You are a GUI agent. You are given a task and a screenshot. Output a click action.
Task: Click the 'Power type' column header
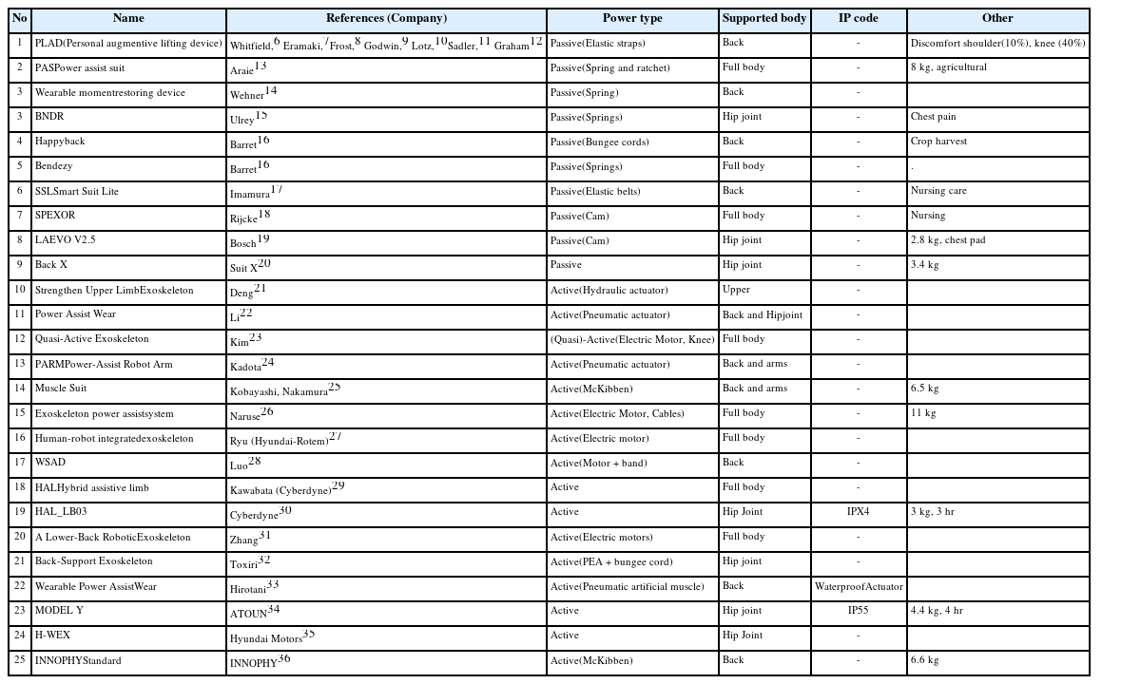(632, 19)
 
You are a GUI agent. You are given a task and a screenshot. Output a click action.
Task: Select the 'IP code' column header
(858, 19)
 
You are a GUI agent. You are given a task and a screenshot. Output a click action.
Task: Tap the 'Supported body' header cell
(764, 19)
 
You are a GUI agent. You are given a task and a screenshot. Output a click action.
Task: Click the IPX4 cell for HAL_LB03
(858, 512)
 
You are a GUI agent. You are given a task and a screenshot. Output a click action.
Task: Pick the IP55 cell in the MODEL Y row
(858, 611)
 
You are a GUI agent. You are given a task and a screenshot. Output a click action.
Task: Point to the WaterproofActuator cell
(858, 586)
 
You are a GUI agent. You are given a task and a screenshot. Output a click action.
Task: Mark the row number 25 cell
(19, 660)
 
